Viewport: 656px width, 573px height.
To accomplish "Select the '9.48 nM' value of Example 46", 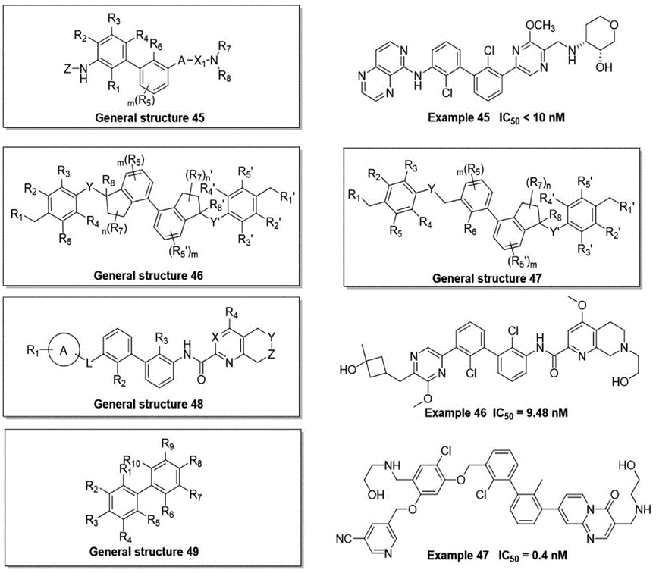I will pos(544,412).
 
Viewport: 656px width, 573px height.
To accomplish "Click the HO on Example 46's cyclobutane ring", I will pos(347,371).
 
